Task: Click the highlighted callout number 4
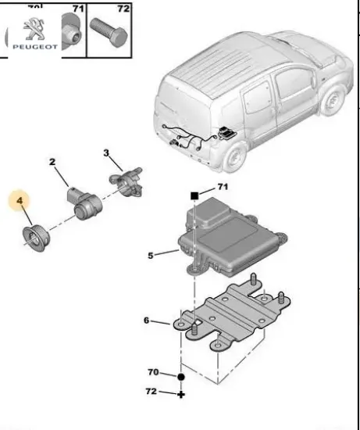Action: pos(21,201)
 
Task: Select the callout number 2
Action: pos(53,163)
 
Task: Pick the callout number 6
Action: pos(146,321)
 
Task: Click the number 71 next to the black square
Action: pos(222,188)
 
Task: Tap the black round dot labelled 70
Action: pos(180,376)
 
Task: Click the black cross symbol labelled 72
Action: pos(180,394)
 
